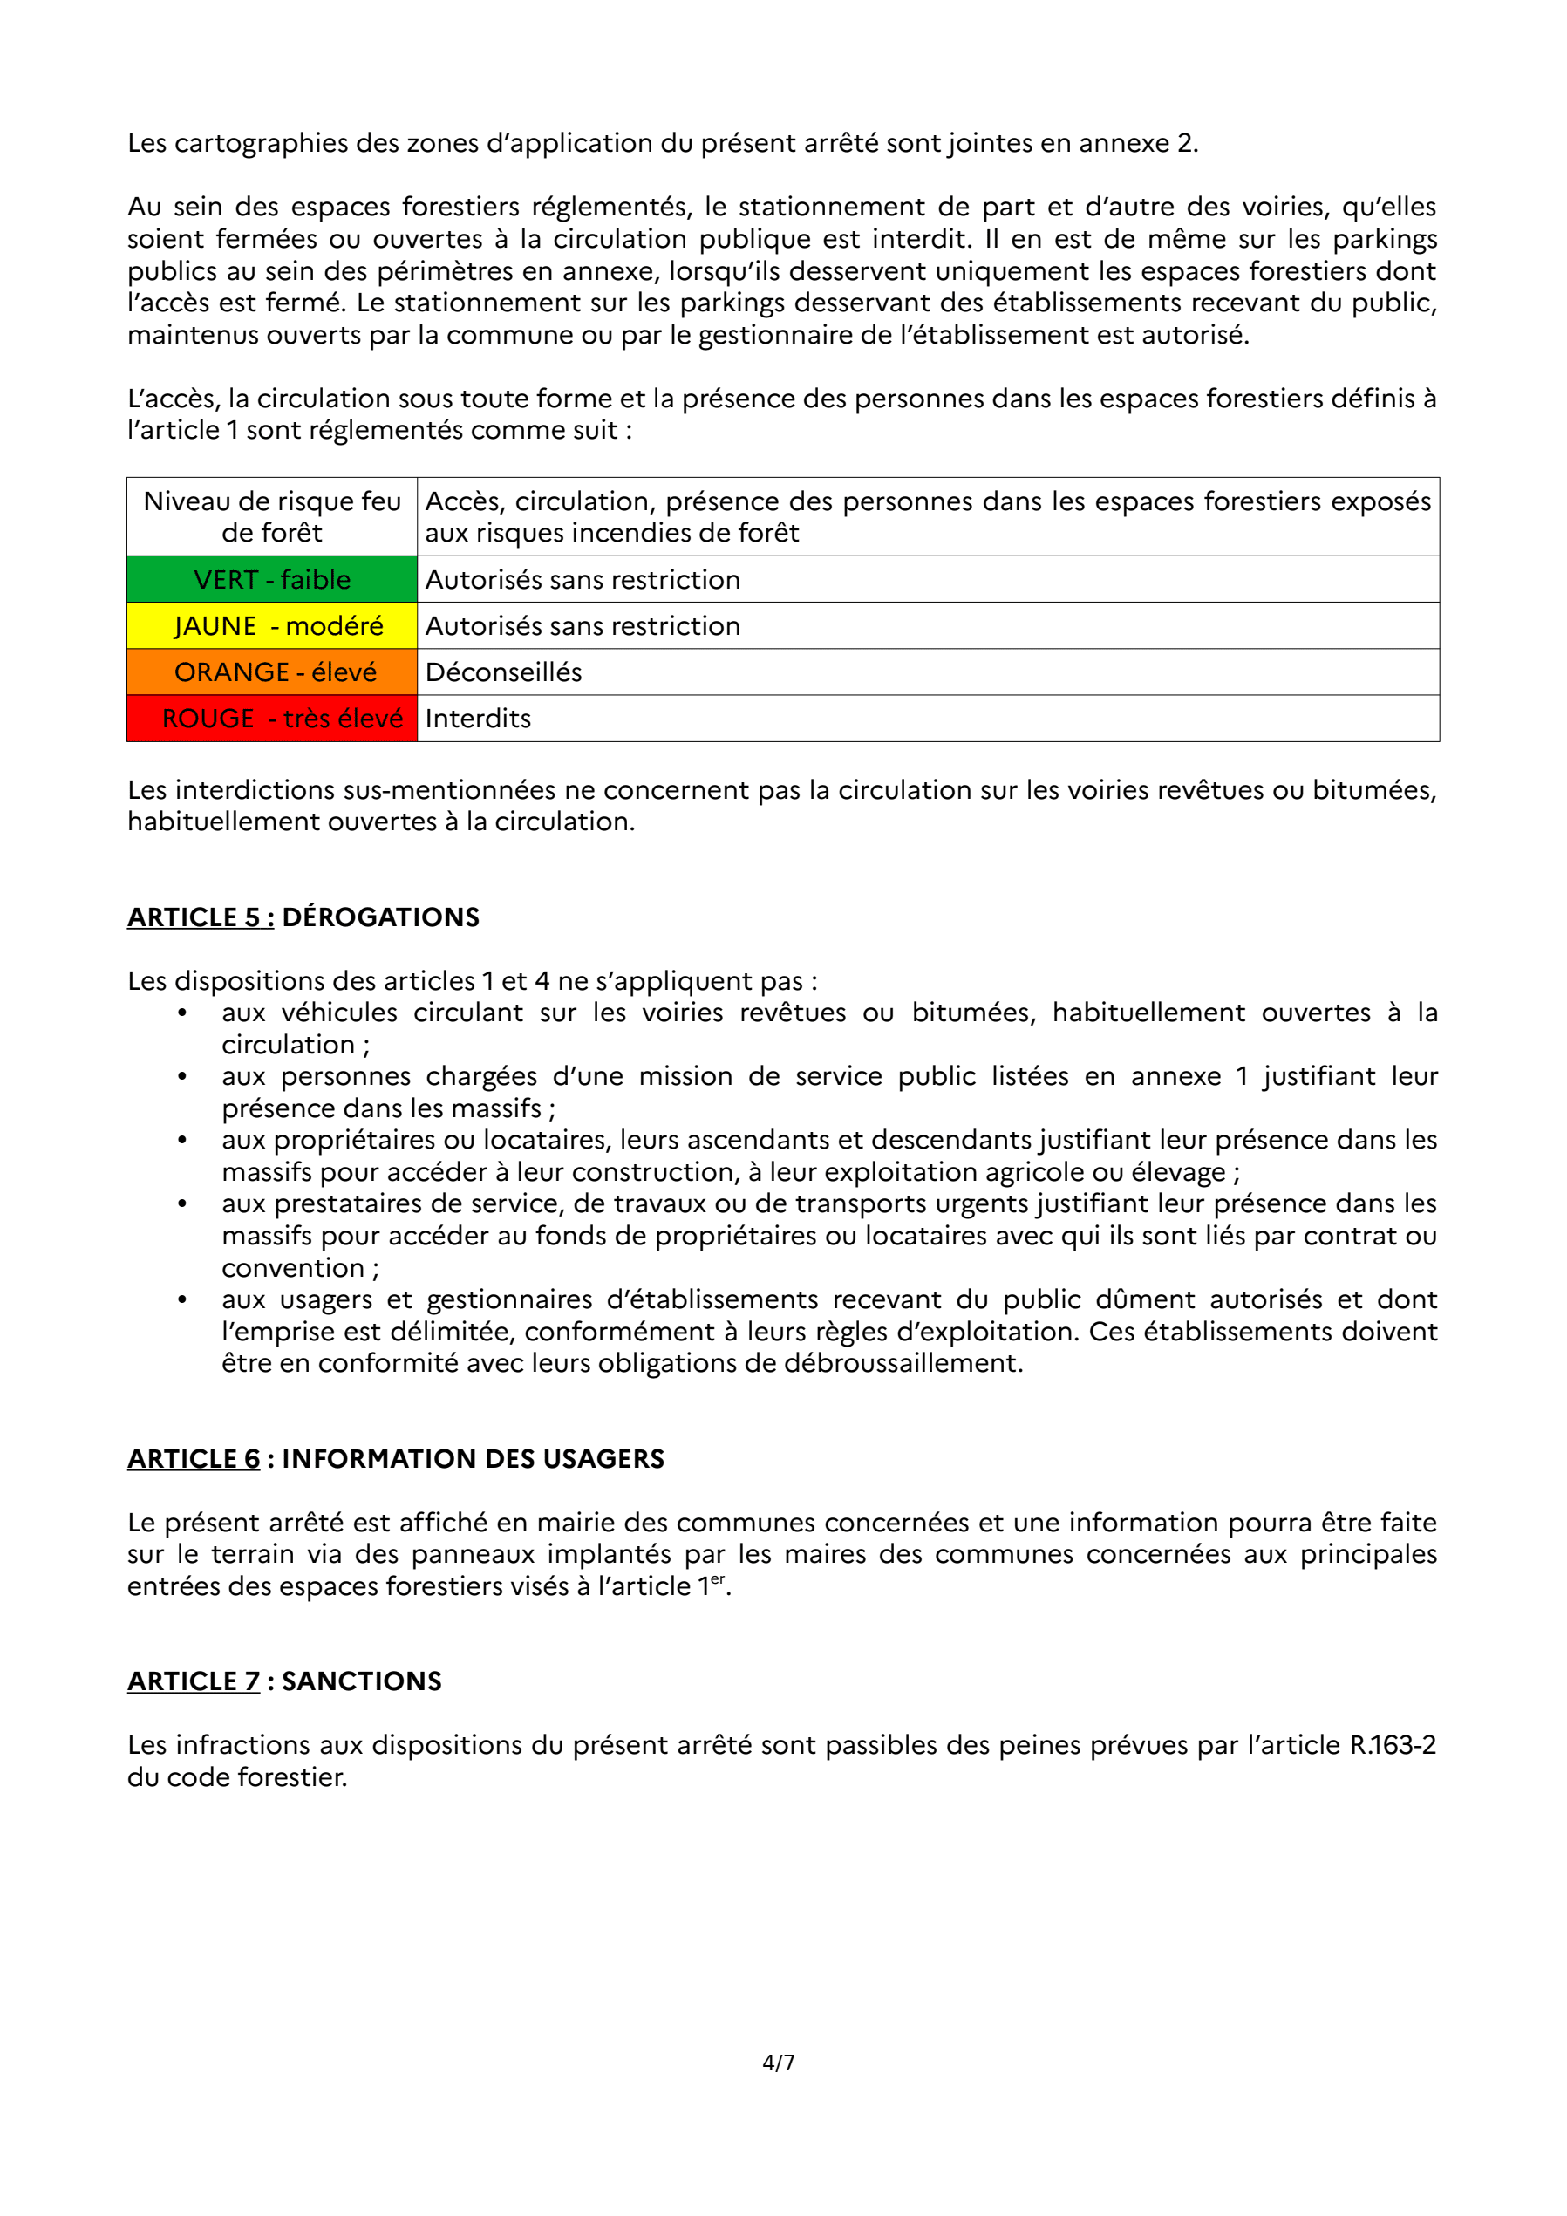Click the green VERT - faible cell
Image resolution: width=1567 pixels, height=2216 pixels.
272,579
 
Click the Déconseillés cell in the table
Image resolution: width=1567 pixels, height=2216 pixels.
504,672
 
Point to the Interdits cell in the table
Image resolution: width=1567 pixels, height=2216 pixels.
479,718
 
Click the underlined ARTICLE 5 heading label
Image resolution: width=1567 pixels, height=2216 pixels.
200,917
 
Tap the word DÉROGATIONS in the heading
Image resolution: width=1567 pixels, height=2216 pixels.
381,917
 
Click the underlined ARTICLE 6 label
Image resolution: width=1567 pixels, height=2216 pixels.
194,1458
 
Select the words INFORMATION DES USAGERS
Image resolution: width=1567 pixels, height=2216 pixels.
473,1458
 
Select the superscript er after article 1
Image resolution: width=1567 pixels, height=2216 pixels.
717,1579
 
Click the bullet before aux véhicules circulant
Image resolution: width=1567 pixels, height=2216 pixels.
182,1013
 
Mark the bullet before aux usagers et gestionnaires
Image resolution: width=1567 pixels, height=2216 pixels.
182,1299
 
